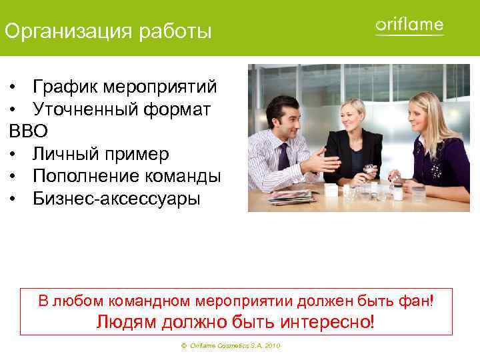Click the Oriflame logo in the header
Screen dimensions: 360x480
409,26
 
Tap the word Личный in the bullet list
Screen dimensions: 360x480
65,154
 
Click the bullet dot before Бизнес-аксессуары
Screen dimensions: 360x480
13,199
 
